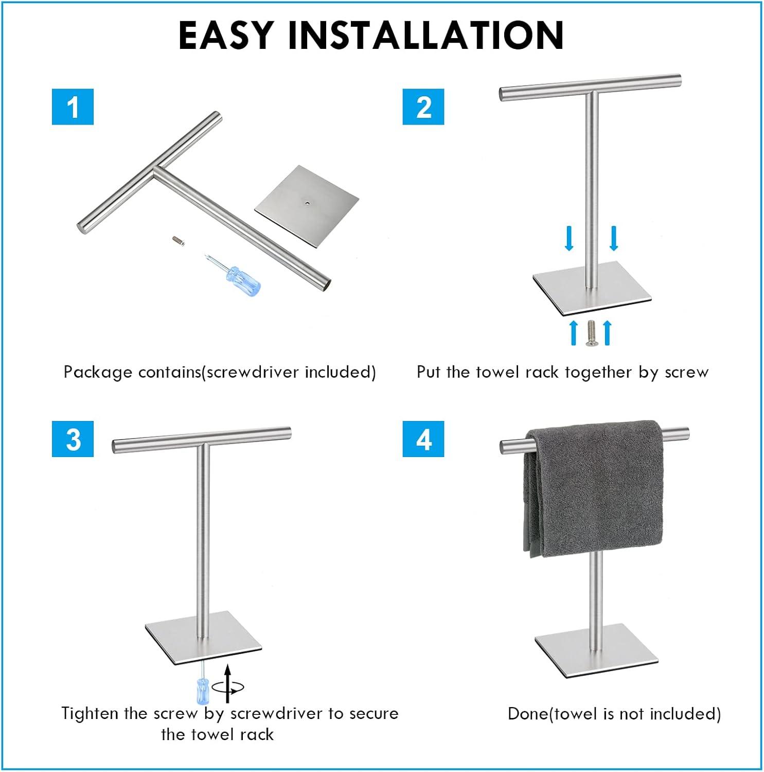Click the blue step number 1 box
tap(73, 107)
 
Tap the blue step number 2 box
tap(423, 107)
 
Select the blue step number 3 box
tap(73, 438)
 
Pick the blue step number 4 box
tap(423, 438)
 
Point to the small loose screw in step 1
tap(178, 239)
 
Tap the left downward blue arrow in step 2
tap(568, 238)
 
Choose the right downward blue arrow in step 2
tap(613, 238)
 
